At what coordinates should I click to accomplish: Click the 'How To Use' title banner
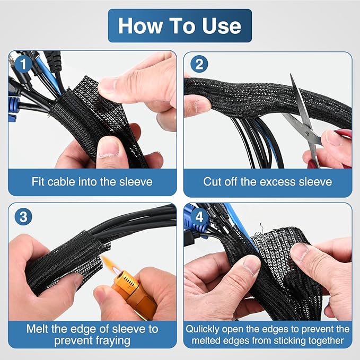point(180,25)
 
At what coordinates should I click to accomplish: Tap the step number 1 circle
point(21,65)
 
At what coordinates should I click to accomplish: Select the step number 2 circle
point(198,65)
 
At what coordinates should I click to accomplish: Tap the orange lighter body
point(135,297)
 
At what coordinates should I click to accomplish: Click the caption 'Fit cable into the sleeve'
point(92,182)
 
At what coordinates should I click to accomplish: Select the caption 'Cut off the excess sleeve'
point(268,182)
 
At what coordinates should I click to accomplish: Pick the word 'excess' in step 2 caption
point(279,182)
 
